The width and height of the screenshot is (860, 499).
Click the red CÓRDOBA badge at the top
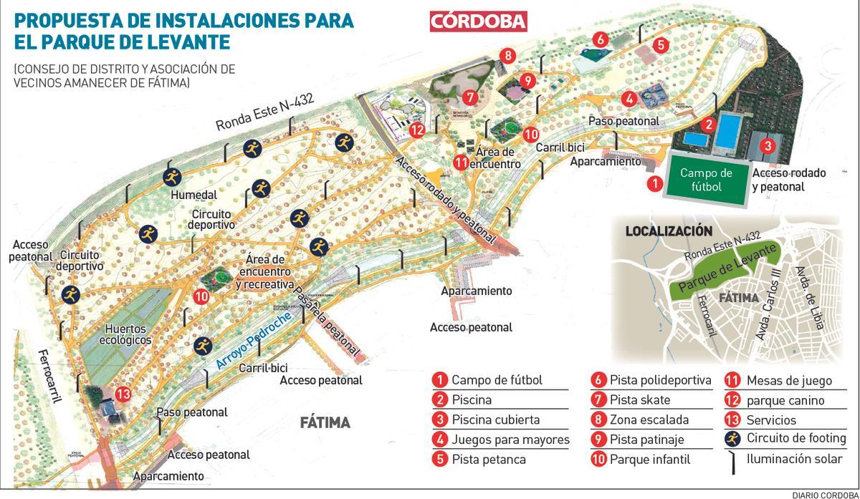[478, 21]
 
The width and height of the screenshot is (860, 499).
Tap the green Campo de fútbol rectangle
[706, 180]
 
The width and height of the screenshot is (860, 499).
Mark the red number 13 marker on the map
[123, 393]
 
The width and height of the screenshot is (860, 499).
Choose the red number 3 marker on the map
[767, 145]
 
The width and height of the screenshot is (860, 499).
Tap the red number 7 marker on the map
[470, 97]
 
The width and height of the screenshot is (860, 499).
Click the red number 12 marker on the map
[418, 130]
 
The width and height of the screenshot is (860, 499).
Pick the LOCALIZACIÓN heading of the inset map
[669, 231]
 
